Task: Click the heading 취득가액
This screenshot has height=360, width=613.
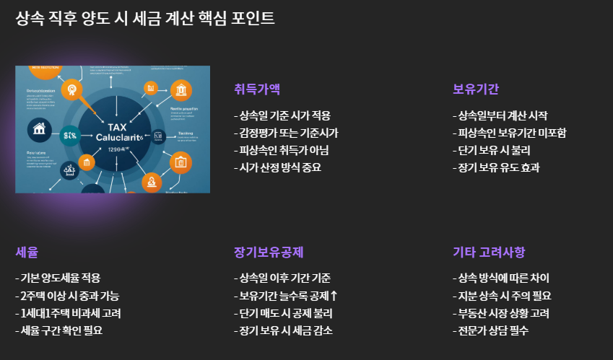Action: coord(257,89)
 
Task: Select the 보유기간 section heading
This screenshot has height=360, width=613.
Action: coord(476,89)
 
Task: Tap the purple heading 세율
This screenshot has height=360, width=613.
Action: coord(27,252)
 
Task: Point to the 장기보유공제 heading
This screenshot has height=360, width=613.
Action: coord(269,252)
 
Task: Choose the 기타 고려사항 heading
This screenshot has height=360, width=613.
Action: coord(489,252)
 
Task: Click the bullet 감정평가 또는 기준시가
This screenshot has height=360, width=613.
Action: coord(286,133)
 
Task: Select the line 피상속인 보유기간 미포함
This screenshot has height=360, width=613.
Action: coord(509,133)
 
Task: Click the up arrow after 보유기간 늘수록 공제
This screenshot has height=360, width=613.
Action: coord(334,296)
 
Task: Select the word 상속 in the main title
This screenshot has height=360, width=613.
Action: coord(30,18)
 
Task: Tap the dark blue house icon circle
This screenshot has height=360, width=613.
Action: coord(38,130)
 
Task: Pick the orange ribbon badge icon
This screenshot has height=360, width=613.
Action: coord(71,89)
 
